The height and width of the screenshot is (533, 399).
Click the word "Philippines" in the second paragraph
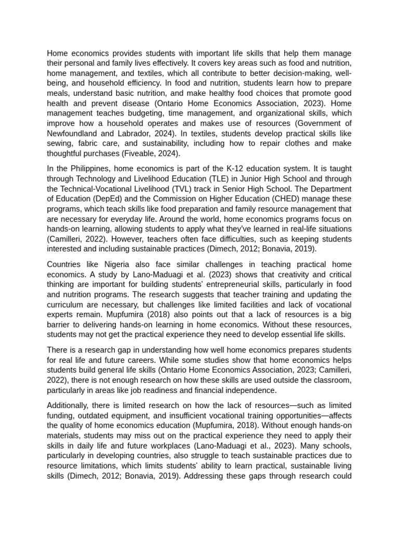pyautogui.click(x=89, y=169)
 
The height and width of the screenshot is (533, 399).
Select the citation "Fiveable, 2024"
pyautogui.click(x=152, y=154)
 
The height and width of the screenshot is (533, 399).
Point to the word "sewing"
pyautogui.click(x=59, y=143)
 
